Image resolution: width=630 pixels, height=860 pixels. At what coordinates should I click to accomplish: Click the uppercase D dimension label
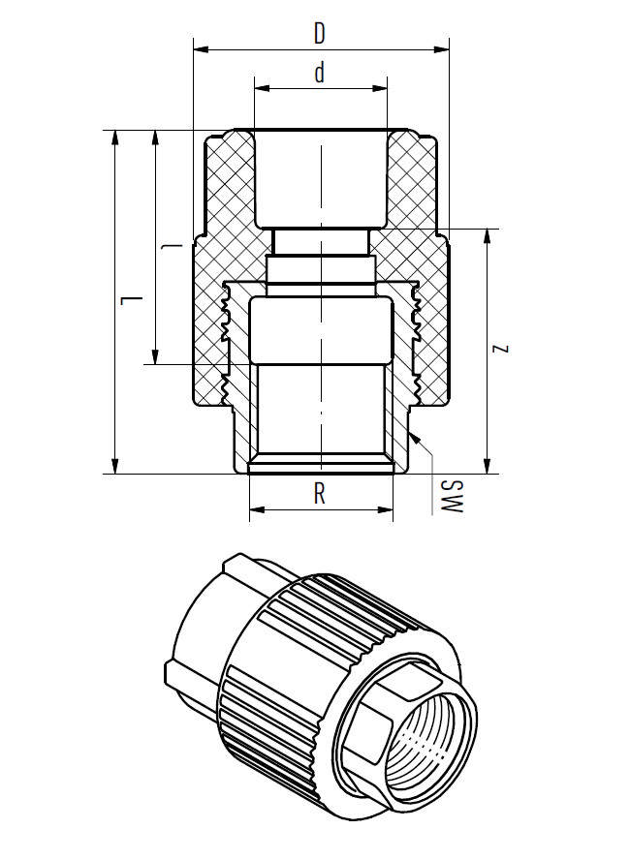[319, 32]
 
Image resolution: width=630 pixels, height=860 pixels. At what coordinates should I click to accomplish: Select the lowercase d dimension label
[319, 75]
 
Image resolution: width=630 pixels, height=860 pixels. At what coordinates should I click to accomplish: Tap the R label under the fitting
[320, 495]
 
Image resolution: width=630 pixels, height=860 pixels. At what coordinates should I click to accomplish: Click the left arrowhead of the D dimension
[200, 45]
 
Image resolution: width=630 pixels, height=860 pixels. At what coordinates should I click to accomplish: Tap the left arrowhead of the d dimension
[259, 87]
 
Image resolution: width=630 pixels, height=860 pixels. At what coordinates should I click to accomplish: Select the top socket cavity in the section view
[320, 179]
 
